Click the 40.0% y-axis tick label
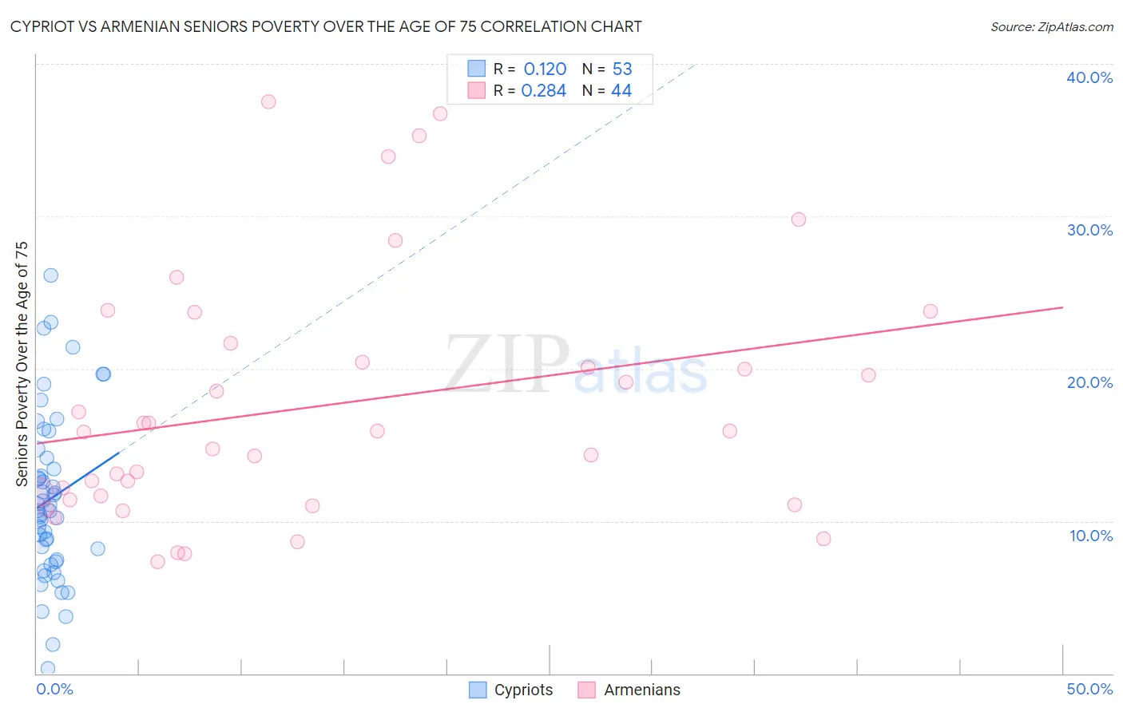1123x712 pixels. (1089, 77)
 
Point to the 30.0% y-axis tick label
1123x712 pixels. (1089, 230)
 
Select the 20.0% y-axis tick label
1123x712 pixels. (1089, 382)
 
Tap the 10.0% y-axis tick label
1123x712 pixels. (1091, 536)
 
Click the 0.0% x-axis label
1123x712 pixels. (54, 689)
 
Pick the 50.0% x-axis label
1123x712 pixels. (1089, 689)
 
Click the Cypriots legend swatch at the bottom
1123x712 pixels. (478, 690)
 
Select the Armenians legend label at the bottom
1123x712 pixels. (642, 690)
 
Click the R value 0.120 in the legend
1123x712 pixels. (545, 69)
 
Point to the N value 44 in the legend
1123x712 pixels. (621, 91)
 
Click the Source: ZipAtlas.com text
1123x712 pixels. (1052, 27)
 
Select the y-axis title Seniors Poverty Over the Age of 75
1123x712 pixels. (22, 364)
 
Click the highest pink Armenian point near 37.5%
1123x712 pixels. (268, 101)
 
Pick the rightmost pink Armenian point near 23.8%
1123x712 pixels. (930, 311)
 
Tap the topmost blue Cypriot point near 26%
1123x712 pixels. (50, 275)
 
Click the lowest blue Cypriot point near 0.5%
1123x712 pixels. (48, 668)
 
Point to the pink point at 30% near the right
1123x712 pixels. (799, 220)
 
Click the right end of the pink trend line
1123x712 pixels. (1062, 307)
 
